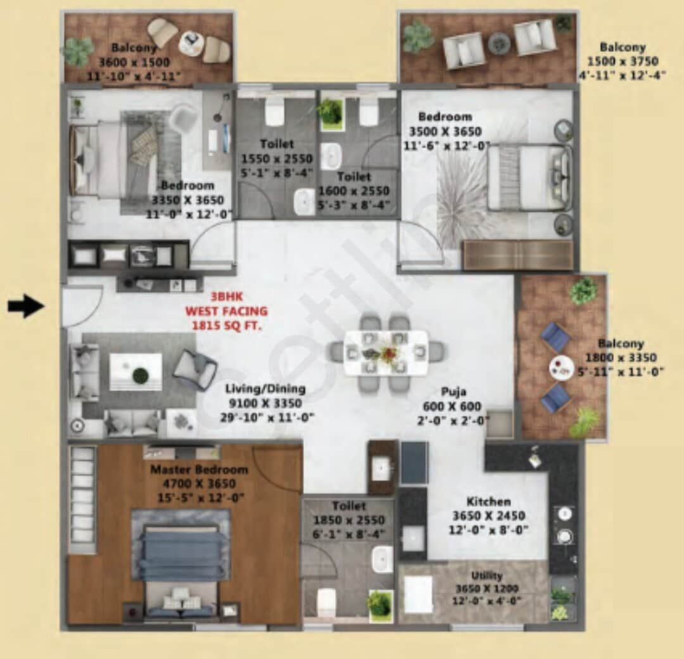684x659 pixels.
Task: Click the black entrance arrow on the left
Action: point(25,307)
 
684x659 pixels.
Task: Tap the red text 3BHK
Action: point(226,296)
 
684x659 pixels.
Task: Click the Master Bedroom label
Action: point(199,470)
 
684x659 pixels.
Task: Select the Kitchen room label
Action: point(488,501)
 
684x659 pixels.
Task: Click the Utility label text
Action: point(487,575)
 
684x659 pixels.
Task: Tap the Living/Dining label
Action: point(266,389)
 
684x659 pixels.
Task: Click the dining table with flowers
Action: point(386,352)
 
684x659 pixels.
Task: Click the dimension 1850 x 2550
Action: point(349,520)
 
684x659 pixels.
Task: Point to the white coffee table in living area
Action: point(136,372)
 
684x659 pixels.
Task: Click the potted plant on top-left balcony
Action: point(78,52)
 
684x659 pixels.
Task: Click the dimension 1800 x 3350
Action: point(621,358)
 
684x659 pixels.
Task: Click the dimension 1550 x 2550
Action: point(276,159)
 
